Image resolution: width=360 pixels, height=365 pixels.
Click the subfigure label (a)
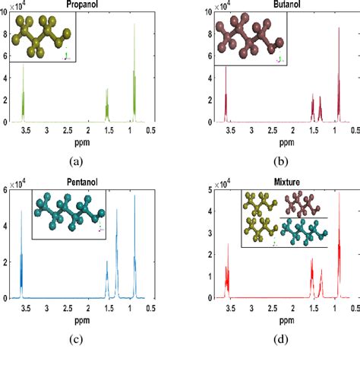click(x=75, y=161)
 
